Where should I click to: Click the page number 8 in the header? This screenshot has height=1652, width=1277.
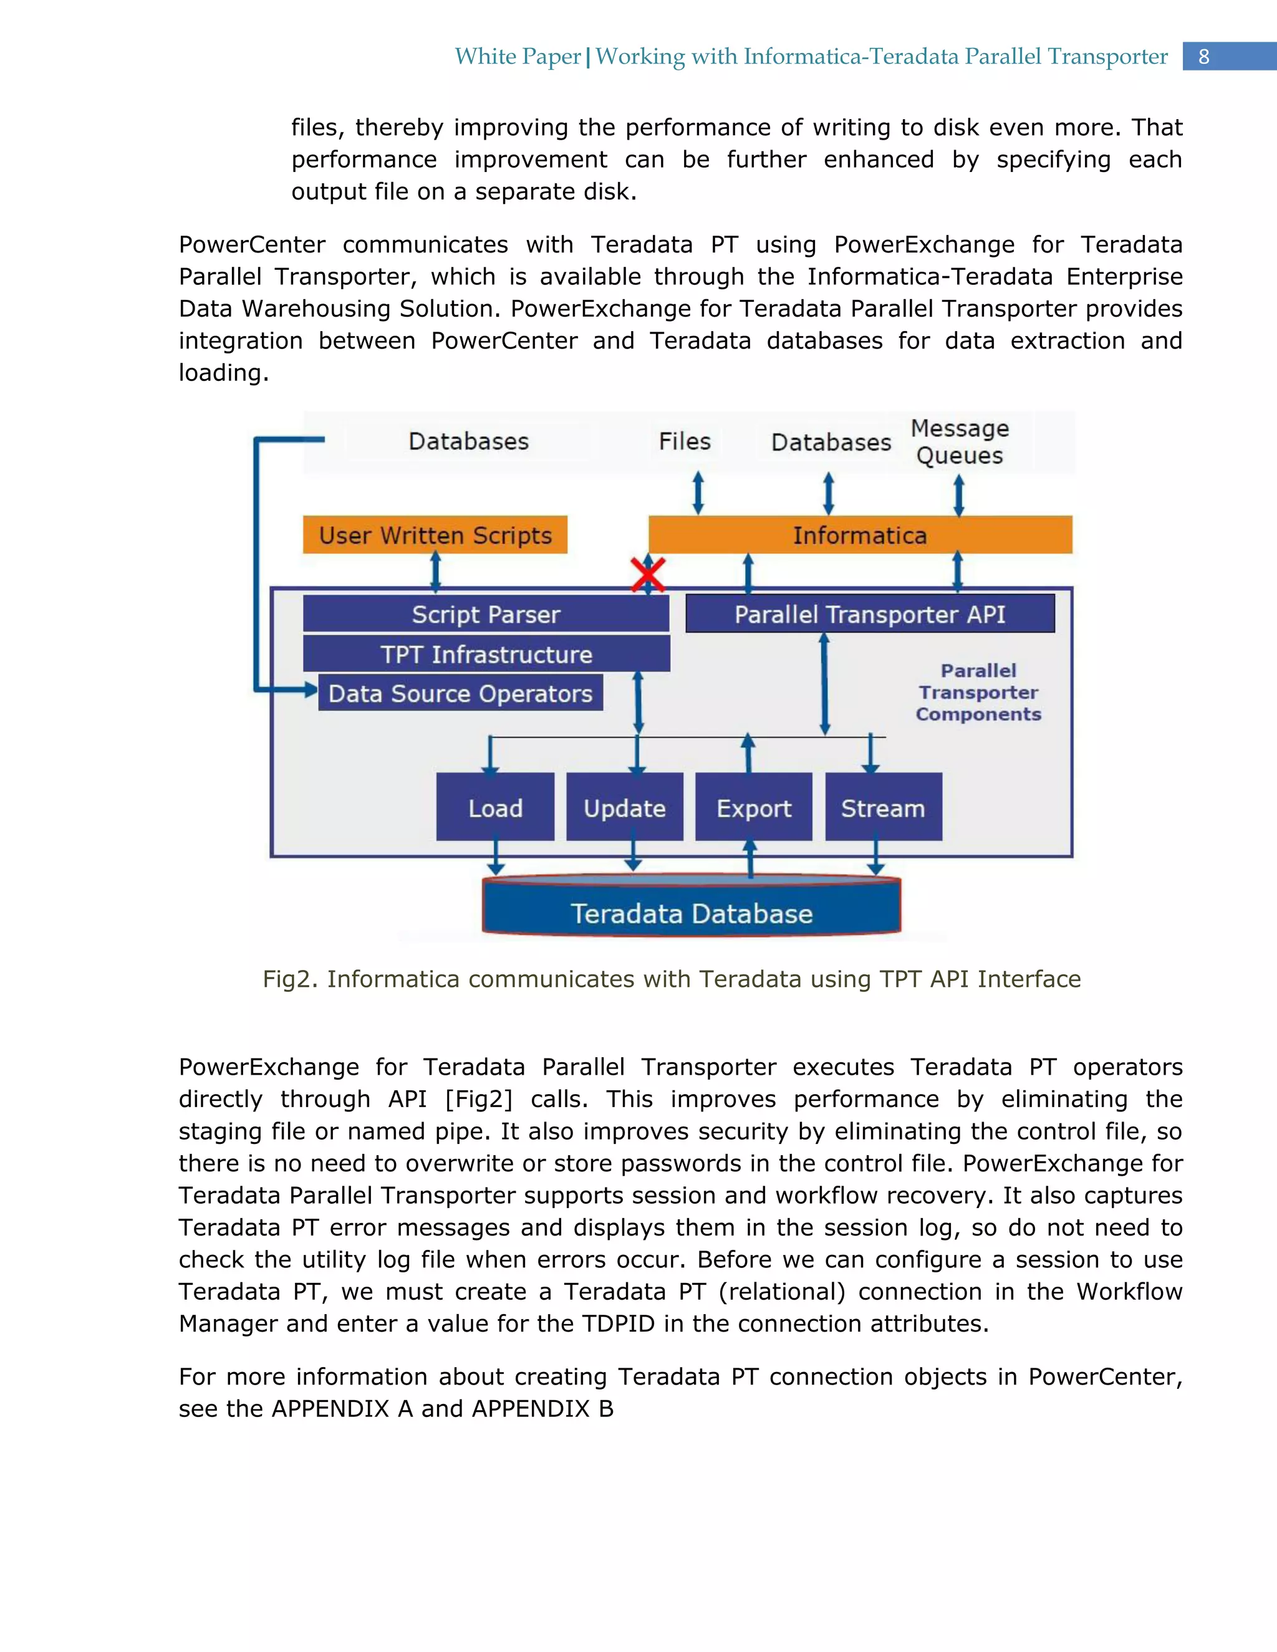coord(1203,57)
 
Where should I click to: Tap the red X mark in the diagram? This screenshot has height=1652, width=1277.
coord(648,575)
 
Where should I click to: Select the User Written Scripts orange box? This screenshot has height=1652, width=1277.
coord(435,535)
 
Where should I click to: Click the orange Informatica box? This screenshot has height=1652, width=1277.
coord(860,535)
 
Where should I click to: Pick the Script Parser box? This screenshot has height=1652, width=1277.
coord(486,613)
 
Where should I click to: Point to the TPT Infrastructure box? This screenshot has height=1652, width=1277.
coord(486,653)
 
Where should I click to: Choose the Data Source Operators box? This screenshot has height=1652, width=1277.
coord(460,693)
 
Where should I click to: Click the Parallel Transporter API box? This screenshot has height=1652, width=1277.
coord(870,613)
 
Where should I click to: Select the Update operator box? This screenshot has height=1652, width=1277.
coord(624,807)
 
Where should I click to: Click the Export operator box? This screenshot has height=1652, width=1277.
coord(753,807)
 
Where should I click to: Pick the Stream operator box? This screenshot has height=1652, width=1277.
coord(883,807)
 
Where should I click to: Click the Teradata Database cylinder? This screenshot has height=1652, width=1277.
coord(692,911)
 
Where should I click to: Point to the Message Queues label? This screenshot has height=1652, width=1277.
coord(959,442)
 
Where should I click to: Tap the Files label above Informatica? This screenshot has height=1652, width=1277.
coord(685,441)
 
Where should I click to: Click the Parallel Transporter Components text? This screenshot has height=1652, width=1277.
coord(978,692)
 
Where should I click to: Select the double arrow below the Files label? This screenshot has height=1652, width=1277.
coord(698,493)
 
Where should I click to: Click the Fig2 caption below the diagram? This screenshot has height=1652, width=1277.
coord(671,979)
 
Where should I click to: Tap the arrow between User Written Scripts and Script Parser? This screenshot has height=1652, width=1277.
coord(436,572)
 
